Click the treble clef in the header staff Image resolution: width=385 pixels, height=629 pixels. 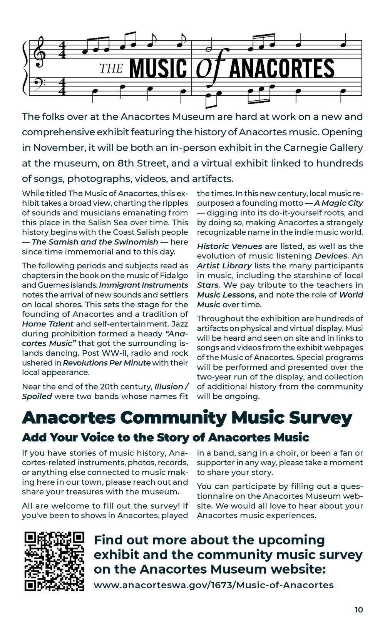(40, 53)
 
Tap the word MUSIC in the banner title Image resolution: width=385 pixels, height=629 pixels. (158, 68)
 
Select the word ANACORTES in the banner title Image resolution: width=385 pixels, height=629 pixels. (282, 68)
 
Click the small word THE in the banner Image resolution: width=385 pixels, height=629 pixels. (111, 69)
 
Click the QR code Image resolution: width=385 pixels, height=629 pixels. (54, 561)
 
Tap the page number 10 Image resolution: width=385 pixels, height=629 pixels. (358, 610)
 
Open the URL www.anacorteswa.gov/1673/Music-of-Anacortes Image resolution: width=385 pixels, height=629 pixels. (214, 585)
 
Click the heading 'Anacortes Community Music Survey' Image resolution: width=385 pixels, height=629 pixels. (187, 418)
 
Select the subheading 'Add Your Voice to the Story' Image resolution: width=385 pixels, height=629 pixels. (166, 438)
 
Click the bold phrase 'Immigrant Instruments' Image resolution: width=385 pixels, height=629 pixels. (144, 285)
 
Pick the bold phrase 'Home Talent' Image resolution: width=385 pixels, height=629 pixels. (47, 324)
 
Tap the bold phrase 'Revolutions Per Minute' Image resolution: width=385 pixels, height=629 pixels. (107, 363)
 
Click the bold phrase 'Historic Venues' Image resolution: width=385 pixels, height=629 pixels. (229, 246)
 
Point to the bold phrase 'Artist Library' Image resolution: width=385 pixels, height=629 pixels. (224, 266)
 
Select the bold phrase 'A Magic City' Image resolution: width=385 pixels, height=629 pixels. (338, 203)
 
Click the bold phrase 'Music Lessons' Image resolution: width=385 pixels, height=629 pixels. (226, 295)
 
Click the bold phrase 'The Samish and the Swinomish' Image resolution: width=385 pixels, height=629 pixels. (95, 242)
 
